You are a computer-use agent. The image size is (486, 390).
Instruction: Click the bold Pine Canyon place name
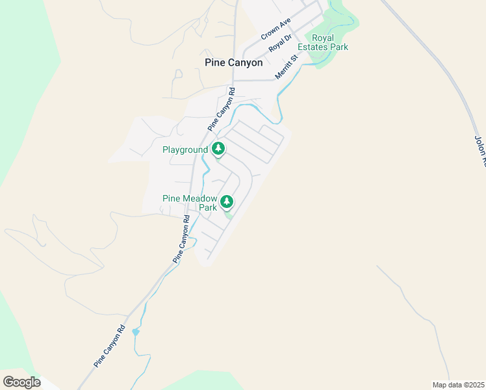click(x=233, y=63)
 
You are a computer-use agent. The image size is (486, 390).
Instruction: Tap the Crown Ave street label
click(x=275, y=29)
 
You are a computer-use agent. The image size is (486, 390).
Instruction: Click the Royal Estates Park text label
click(x=322, y=42)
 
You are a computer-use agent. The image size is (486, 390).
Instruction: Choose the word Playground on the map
click(x=185, y=150)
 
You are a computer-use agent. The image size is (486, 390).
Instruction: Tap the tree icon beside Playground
click(x=219, y=149)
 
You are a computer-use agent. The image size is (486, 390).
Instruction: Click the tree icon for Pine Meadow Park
click(x=227, y=201)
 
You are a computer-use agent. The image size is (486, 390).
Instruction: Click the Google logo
click(x=21, y=382)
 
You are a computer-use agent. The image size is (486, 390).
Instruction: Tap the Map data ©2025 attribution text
click(x=459, y=385)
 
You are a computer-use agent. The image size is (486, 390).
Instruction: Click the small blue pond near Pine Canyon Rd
click(x=135, y=332)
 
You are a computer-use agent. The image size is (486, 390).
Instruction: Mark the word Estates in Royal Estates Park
click(x=314, y=47)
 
